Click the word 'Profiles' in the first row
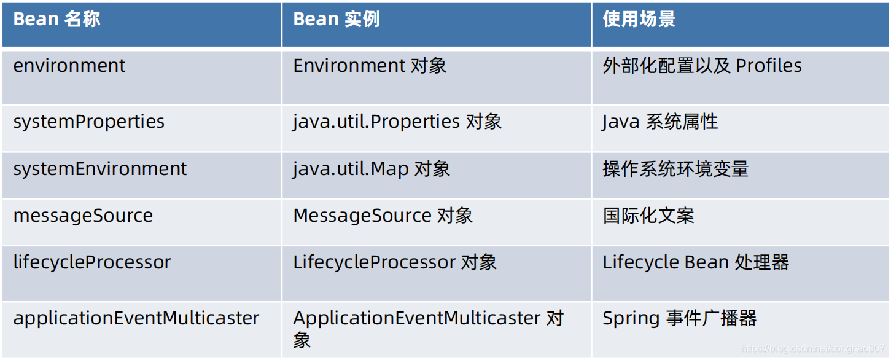(769, 66)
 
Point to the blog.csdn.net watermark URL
(812, 348)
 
